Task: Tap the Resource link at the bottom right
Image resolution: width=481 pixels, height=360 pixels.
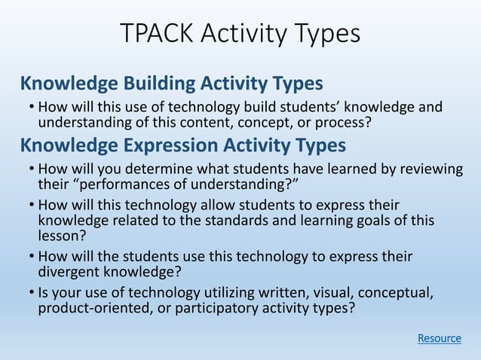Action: (440, 338)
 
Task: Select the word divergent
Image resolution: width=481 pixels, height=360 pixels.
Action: (69, 271)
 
